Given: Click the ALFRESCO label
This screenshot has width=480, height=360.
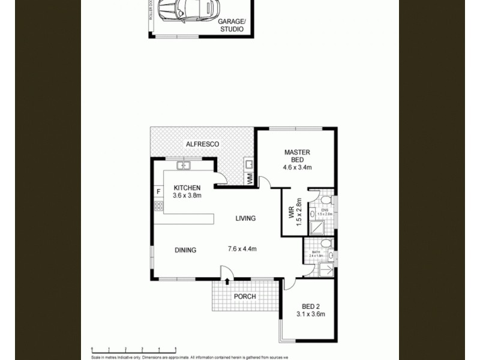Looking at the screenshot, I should (x=202, y=145).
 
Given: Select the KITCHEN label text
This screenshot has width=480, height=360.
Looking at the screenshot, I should (x=187, y=188).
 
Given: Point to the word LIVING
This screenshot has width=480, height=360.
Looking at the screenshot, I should (x=245, y=218).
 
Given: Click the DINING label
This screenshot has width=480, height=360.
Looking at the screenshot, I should (x=185, y=250).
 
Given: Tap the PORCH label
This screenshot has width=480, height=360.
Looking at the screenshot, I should (x=245, y=296).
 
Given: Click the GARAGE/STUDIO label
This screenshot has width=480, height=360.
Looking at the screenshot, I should (x=230, y=25).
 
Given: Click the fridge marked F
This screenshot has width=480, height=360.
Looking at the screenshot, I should (x=158, y=192).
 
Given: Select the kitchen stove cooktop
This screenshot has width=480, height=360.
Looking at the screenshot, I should (x=159, y=206).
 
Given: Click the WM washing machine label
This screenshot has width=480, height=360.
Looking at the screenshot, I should (x=249, y=178).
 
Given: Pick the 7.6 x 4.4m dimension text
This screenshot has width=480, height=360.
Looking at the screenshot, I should (x=242, y=249).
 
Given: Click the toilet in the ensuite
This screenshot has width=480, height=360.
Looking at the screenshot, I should (x=324, y=199).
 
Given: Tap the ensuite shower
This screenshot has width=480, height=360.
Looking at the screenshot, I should (x=316, y=227).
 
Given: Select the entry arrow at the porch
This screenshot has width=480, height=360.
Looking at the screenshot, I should (x=228, y=280).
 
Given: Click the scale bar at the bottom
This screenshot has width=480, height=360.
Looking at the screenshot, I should (x=133, y=349).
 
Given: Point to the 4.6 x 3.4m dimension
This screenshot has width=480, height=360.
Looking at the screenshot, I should (x=297, y=167).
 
